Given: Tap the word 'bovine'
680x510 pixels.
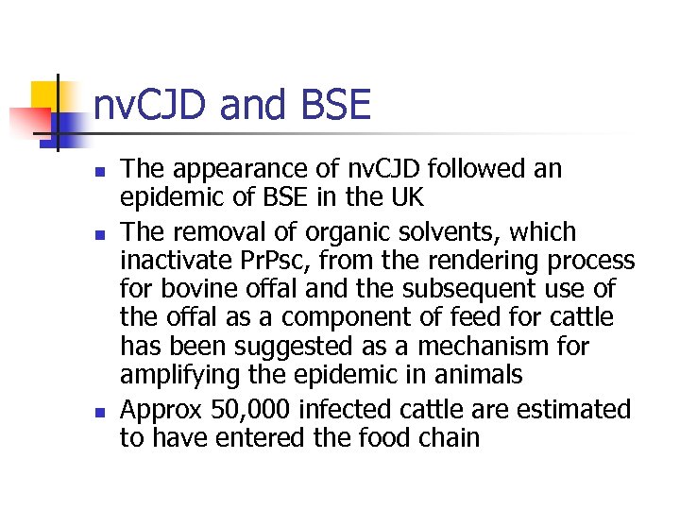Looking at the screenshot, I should tap(206, 289).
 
